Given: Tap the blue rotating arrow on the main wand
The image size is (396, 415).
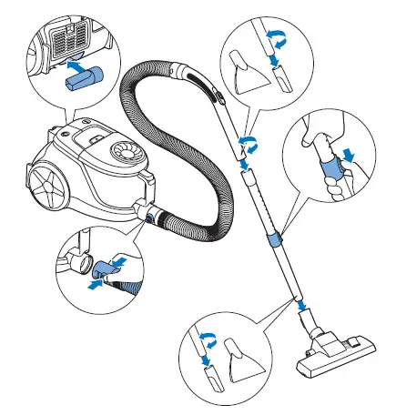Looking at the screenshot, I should click(245, 144).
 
